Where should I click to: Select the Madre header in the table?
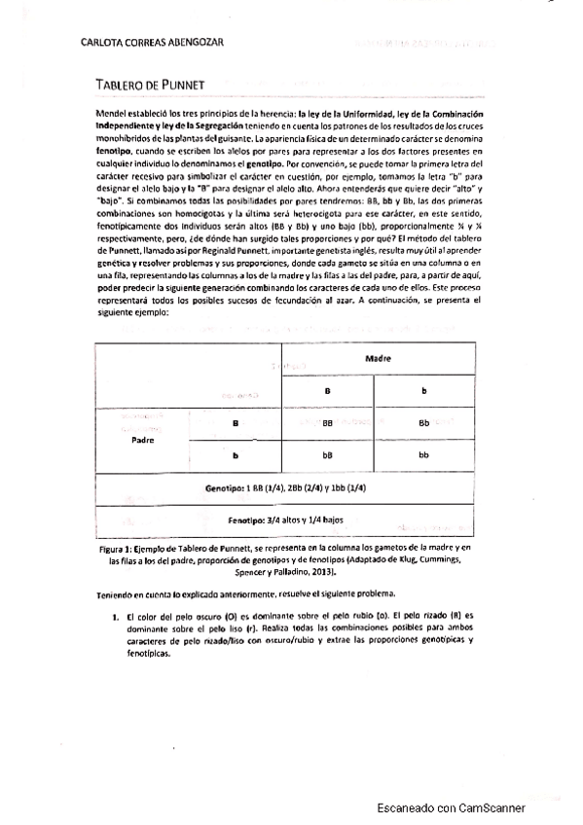[378, 358]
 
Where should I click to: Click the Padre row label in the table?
[143, 439]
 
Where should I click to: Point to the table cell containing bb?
[423, 454]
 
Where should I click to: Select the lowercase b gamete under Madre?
[423, 390]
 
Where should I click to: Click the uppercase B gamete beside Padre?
[236, 423]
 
